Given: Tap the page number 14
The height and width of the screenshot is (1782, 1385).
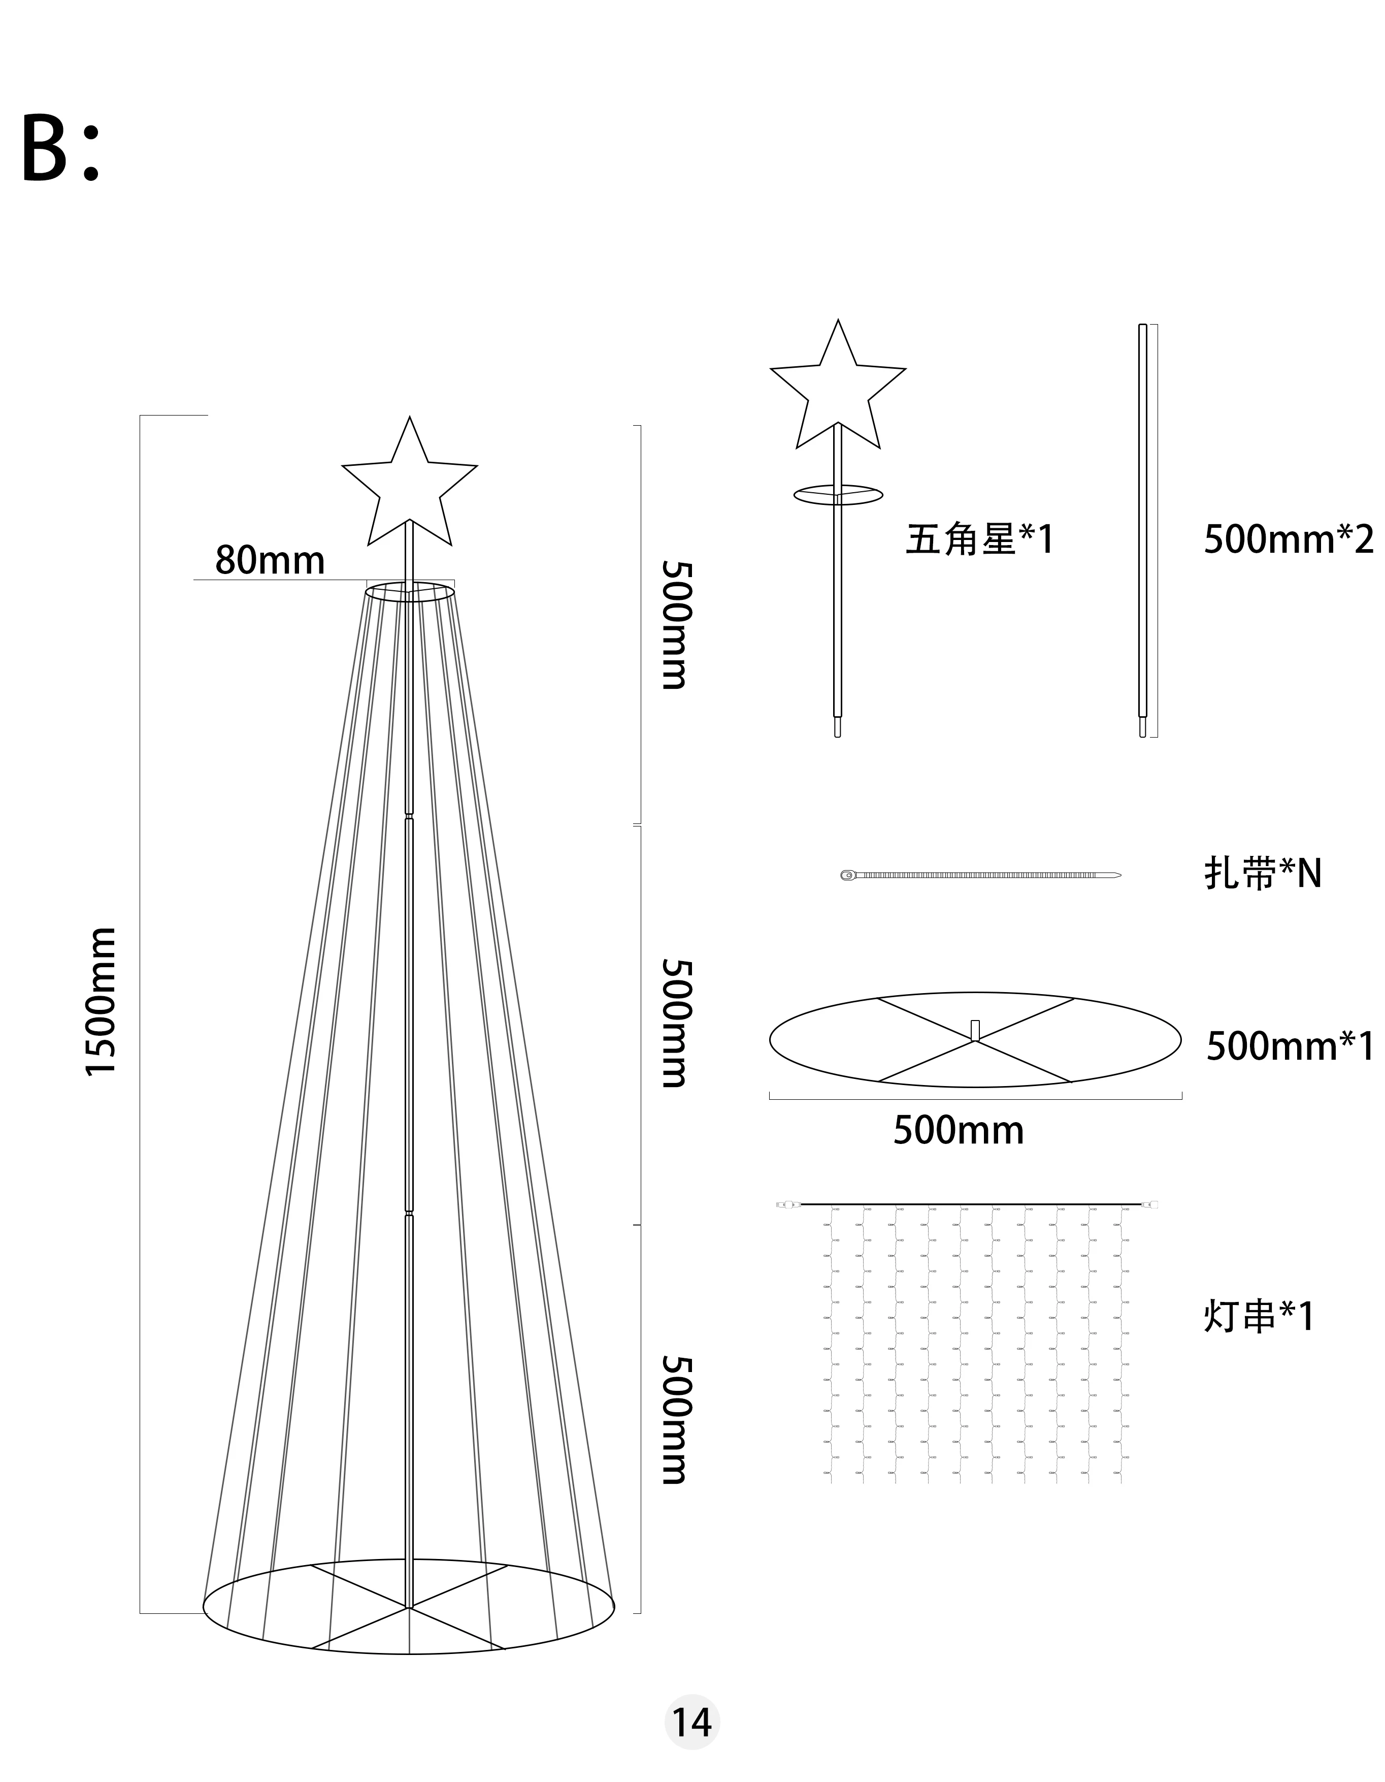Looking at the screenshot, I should pos(691,1723).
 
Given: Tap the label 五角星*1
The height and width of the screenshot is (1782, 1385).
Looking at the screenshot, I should pos(980,539).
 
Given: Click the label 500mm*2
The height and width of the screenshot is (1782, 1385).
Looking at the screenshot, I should pos(1288,539).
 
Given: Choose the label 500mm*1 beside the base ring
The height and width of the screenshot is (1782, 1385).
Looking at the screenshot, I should pos(1290,1046).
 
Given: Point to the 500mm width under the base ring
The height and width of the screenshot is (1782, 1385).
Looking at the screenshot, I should pos(959,1130).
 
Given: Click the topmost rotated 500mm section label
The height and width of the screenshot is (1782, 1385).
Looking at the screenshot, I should pos(675,625).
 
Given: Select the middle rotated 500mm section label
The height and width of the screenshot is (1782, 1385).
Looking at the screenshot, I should pos(675,1023).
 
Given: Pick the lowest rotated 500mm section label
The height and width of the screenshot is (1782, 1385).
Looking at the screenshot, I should pos(675,1420).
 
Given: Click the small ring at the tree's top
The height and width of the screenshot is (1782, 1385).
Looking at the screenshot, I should pos(410,592).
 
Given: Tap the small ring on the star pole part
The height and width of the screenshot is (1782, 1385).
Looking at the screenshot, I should pos(838,494).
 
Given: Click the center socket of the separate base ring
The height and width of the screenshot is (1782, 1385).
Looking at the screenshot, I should pos(975,1031).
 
